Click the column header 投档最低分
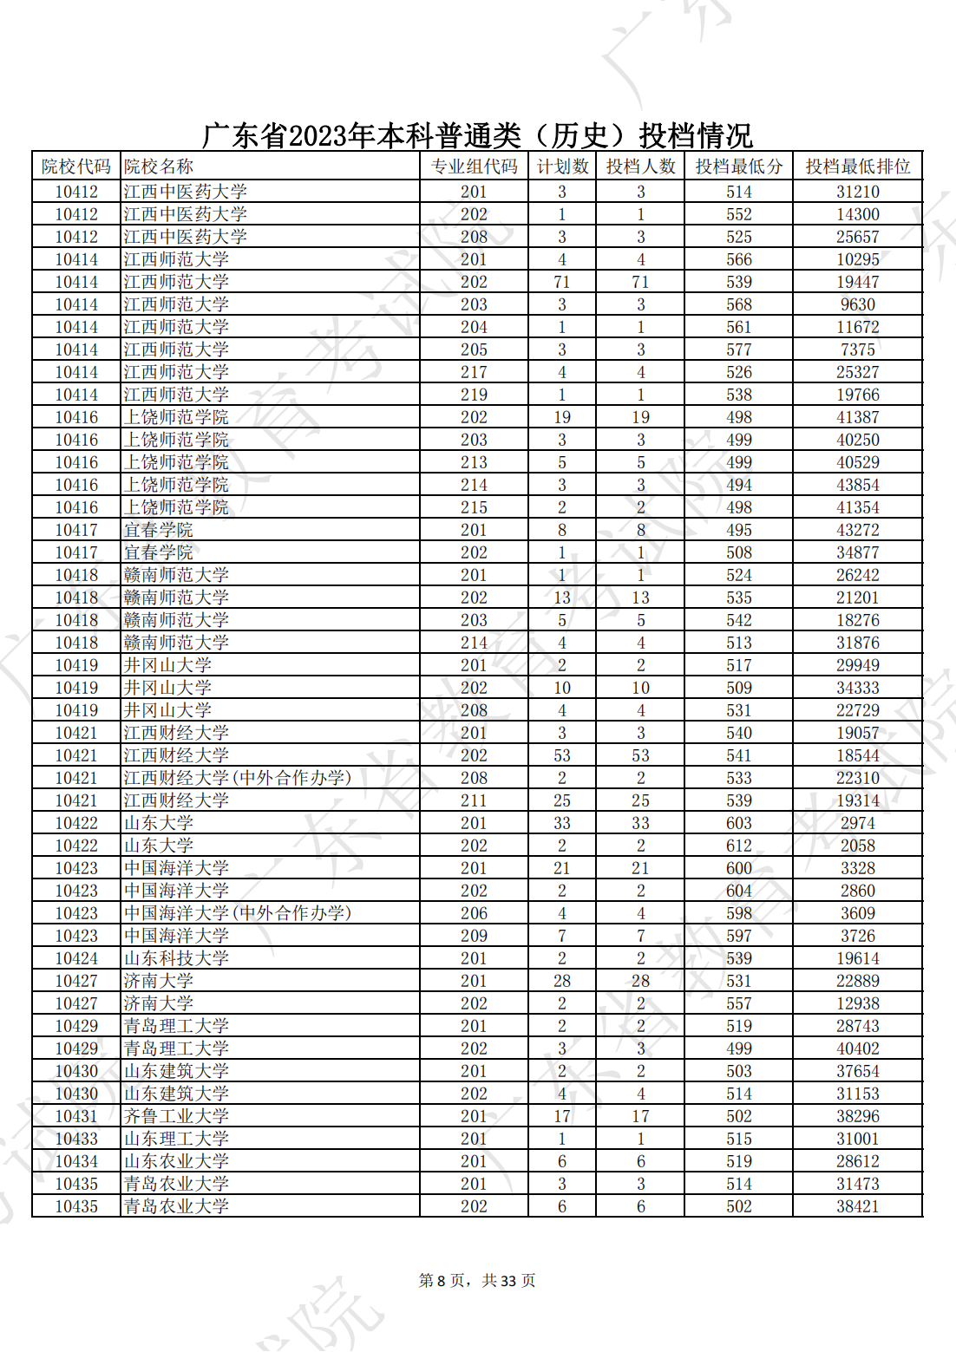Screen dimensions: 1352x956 coord(738,167)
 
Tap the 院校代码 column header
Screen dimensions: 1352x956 coord(76,167)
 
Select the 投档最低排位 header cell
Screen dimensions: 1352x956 coord(857,167)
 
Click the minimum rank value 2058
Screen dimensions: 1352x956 coord(857,846)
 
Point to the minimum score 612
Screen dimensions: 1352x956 coord(738,846)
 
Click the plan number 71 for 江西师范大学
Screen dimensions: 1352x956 coord(562,282)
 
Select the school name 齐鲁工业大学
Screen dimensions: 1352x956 coord(176,1116)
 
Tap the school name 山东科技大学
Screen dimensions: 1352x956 coord(176,958)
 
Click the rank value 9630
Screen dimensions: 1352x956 coord(857,304)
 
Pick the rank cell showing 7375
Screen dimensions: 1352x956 coord(857,349)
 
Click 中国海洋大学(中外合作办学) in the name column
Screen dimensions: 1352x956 coord(237,913)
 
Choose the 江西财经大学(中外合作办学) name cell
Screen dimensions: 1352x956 coord(237,778)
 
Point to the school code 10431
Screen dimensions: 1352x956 coord(76,1116)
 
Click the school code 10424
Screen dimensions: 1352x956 coord(76,958)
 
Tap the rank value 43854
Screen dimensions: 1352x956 coord(857,485)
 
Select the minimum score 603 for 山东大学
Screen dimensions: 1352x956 coord(738,823)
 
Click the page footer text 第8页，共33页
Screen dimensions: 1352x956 coord(477,1281)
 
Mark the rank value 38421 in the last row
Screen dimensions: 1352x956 coord(857,1206)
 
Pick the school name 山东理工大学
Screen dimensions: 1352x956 coord(176,1139)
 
